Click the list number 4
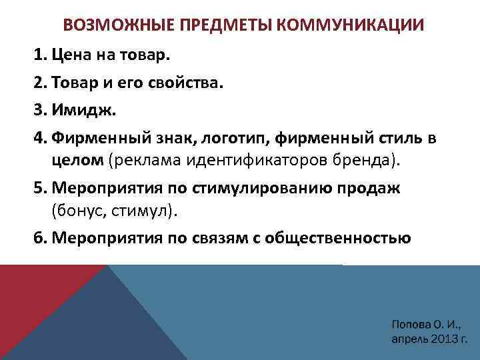(x=38, y=139)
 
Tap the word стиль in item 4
(x=393, y=139)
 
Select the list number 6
(x=38, y=237)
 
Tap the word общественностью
(x=354, y=237)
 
